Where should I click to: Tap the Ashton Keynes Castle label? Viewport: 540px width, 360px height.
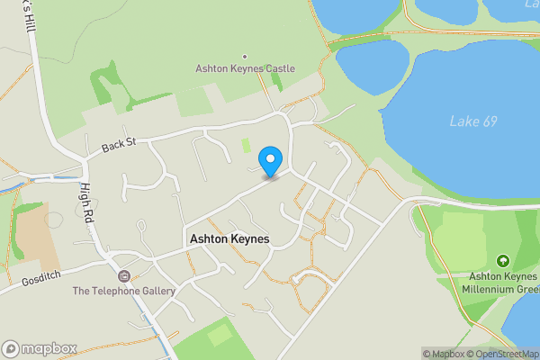(245, 68)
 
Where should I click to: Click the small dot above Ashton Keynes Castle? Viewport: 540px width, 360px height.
(245, 55)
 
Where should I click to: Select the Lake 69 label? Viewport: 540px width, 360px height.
(472, 121)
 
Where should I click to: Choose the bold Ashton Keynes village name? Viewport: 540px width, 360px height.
(229, 239)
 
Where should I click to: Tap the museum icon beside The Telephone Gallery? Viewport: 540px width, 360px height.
(123, 275)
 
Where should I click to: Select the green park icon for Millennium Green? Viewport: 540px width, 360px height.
(502, 260)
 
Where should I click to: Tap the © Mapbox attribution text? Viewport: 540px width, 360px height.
(445, 354)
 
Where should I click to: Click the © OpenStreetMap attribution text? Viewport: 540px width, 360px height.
(505, 354)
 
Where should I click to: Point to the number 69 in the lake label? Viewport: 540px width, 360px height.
(489, 121)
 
